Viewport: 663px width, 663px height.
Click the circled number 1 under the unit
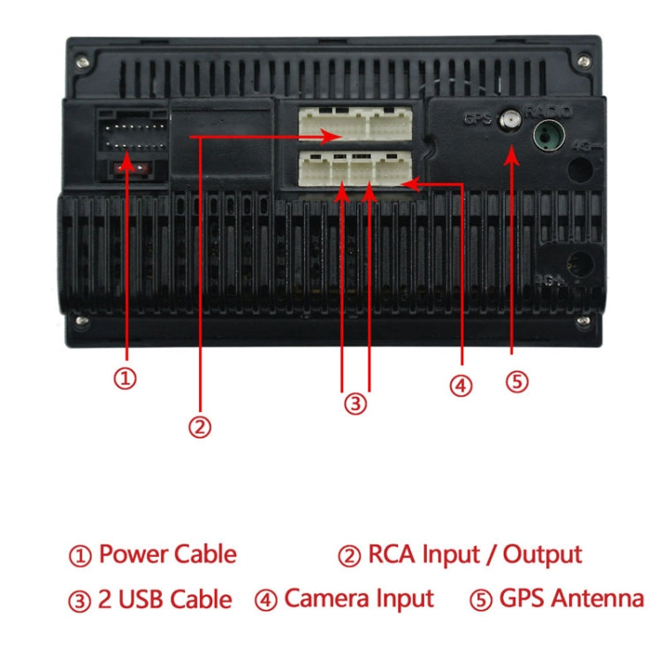pyautogui.click(x=126, y=378)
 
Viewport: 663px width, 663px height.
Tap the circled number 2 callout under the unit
pyautogui.click(x=201, y=427)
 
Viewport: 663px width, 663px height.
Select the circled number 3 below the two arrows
pyautogui.click(x=354, y=404)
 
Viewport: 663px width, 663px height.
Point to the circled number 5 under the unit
pyautogui.click(x=517, y=381)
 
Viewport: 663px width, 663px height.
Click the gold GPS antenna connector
pyautogui.click(x=511, y=118)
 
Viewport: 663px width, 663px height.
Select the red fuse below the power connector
pyautogui.click(x=129, y=167)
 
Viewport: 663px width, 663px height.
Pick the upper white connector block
pyautogui.click(x=355, y=124)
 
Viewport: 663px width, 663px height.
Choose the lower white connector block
pyautogui.click(x=355, y=167)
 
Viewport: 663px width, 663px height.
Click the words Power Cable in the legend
pyautogui.click(x=167, y=555)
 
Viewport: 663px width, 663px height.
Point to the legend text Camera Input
pyautogui.click(x=359, y=598)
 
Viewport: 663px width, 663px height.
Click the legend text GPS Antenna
pyautogui.click(x=571, y=598)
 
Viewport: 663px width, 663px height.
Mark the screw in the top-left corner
pyautogui.click(x=82, y=62)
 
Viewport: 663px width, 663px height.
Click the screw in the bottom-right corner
pyautogui.click(x=583, y=321)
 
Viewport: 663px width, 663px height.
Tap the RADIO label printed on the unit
pyautogui.click(x=548, y=111)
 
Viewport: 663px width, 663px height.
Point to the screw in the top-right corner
pyautogui.click(x=583, y=62)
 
